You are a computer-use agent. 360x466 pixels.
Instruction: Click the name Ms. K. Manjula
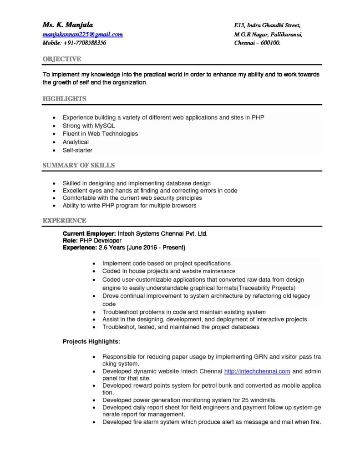click(68, 25)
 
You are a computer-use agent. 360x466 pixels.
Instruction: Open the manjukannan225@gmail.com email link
click(82, 34)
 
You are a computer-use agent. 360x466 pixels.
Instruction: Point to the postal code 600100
click(270, 43)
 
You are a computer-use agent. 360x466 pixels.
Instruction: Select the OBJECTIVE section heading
click(62, 59)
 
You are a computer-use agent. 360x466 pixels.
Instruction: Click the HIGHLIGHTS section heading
click(64, 99)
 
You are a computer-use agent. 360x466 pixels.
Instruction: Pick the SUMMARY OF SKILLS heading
click(78, 165)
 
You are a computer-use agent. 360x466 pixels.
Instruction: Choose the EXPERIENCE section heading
click(64, 221)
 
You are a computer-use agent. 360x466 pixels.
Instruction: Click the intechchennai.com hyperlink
click(257, 371)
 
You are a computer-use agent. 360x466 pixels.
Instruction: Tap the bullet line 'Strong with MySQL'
click(89, 126)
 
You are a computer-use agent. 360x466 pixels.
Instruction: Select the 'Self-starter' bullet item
click(77, 150)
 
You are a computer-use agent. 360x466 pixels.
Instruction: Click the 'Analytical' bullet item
click(76, 142)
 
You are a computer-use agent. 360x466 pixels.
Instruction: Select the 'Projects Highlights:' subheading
click(91, 341)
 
